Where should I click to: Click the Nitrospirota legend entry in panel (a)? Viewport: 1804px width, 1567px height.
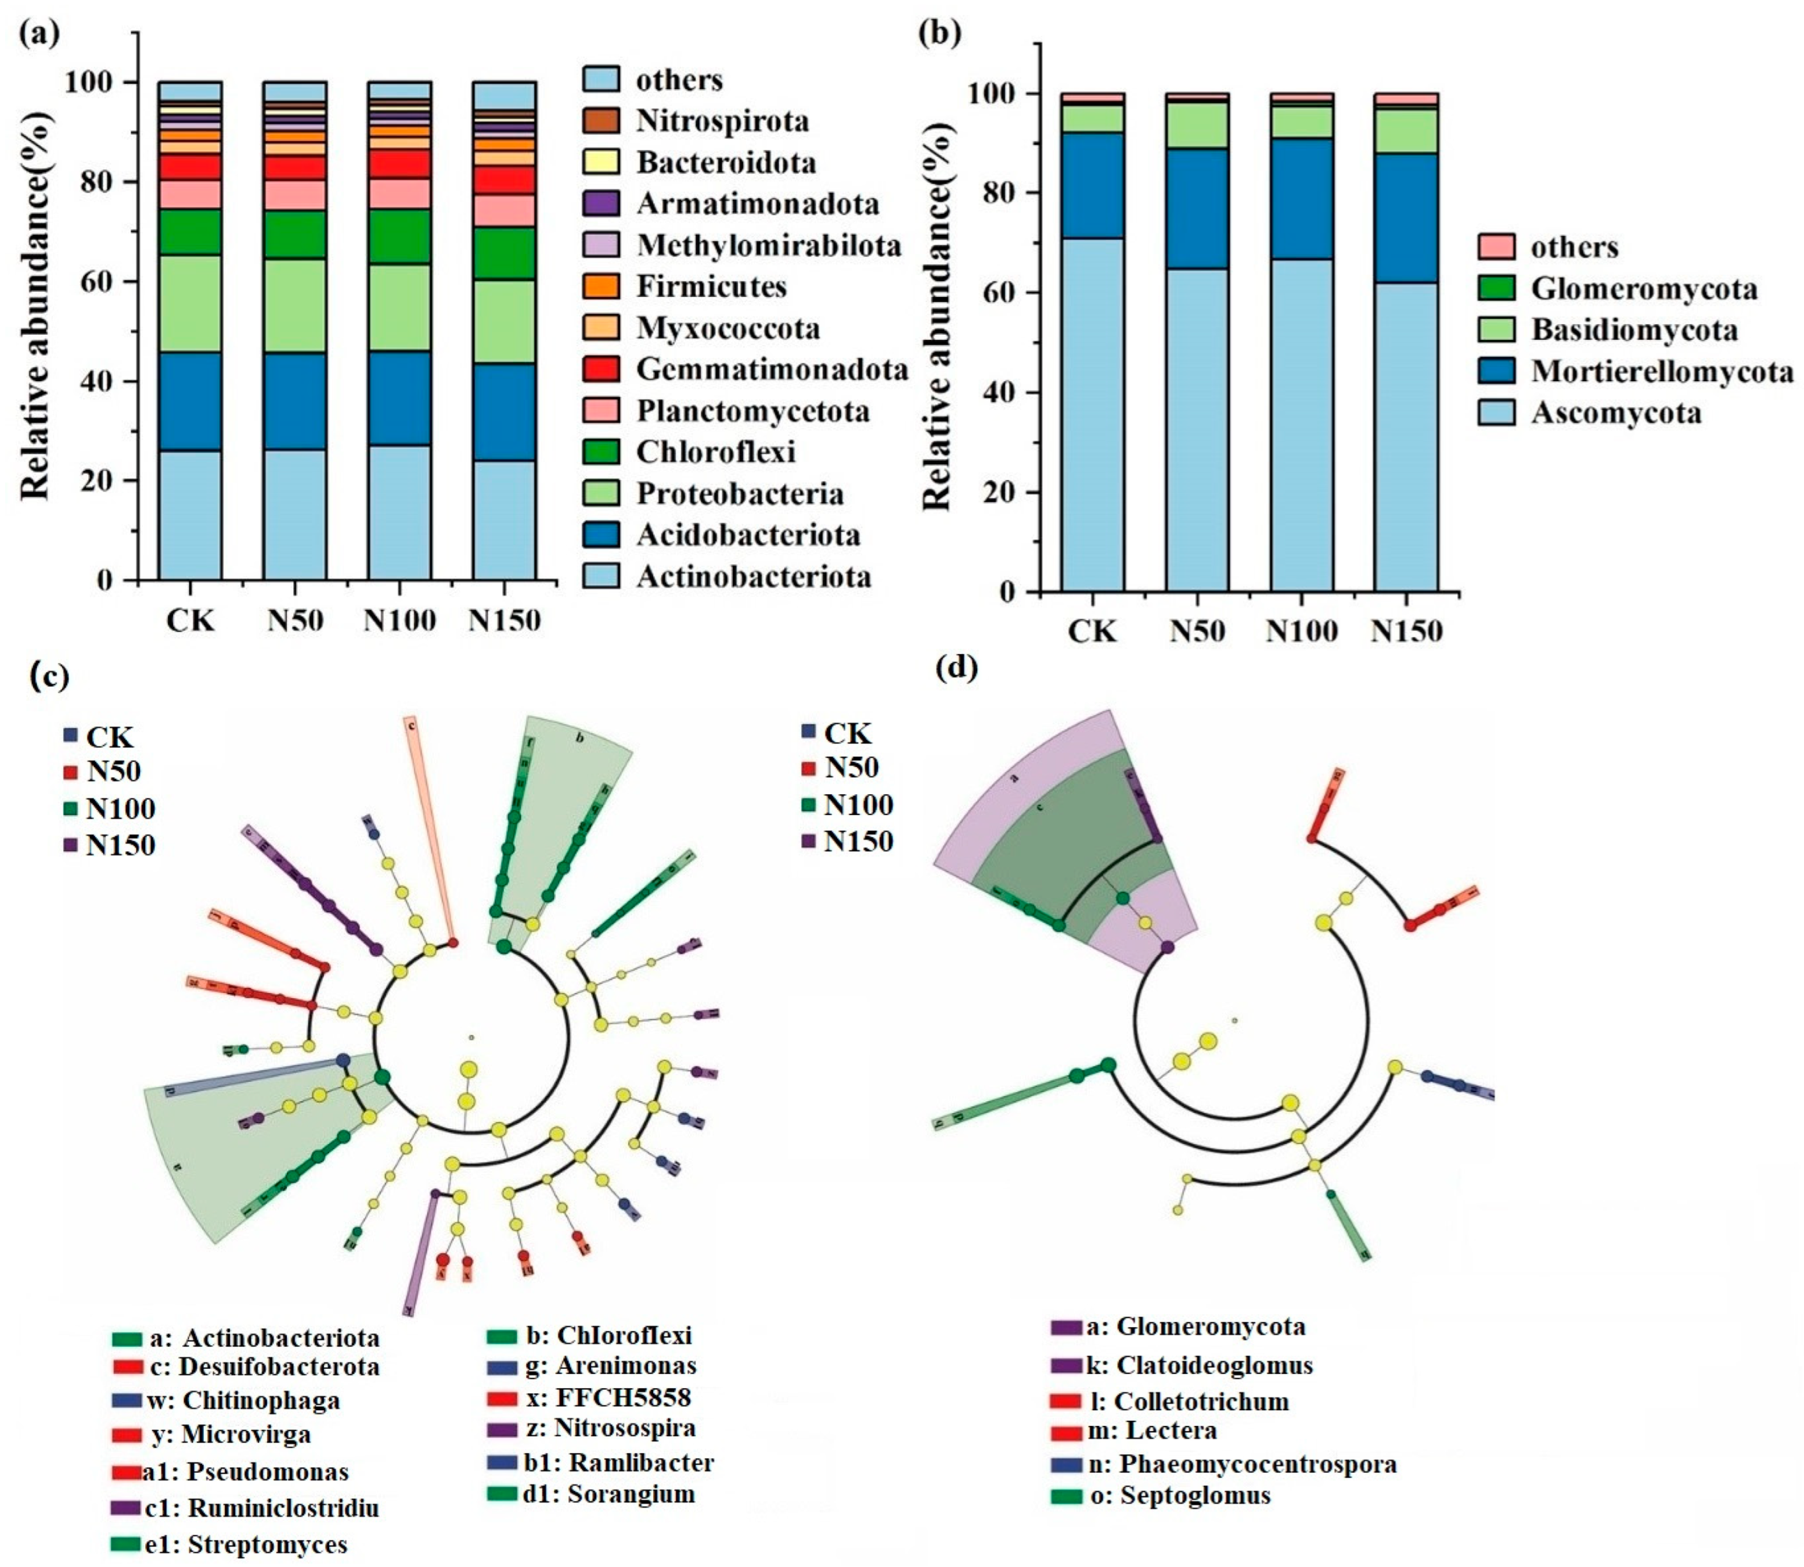coord(722,121)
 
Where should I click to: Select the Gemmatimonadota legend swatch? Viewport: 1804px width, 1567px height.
coord(602,369)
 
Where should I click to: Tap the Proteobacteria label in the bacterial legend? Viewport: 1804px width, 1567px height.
coord(740,493)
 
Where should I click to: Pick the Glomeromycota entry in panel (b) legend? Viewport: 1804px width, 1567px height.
coord(1643,289)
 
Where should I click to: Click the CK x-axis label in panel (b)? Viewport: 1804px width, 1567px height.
coord(1093,630)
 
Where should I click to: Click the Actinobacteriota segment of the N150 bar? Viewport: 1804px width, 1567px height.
coord(505,520)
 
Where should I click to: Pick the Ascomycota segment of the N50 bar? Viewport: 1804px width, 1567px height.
coord(1197,428)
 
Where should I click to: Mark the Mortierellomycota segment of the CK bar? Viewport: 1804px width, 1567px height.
coord(1093,185)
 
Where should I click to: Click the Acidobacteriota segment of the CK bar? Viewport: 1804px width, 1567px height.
coord(190,401)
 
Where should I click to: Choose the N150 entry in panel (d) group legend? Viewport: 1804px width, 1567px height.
coord(858,841)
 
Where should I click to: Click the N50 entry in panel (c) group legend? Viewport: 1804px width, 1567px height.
coord(114,771)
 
